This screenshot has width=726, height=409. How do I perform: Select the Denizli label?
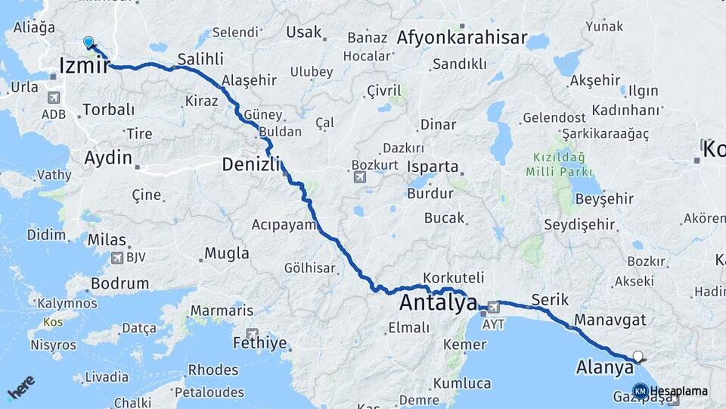[x=250, y=164]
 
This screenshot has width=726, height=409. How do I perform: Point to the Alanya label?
[x=604, y=368]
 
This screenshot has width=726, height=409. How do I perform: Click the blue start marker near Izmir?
[x=88, y=43]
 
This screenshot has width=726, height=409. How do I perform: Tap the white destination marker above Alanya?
[x=639, y=356]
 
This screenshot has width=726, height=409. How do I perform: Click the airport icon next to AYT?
[x=493, y=308]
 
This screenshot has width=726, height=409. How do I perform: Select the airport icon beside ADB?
[x=53, y=98]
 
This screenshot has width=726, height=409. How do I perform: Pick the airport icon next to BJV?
[x=116, y=258]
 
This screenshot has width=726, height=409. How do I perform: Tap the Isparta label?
[x=433, y=167]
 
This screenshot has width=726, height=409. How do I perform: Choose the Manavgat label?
[x=610, y=320]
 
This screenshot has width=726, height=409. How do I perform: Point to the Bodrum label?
[x=119, y=284]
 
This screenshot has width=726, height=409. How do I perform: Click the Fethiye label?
[x=261, y=343]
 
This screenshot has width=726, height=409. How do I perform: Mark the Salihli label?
[x=200, y=59]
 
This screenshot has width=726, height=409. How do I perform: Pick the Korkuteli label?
[x=454, y=279]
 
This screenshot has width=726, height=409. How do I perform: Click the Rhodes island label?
[x=213, y=370]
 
